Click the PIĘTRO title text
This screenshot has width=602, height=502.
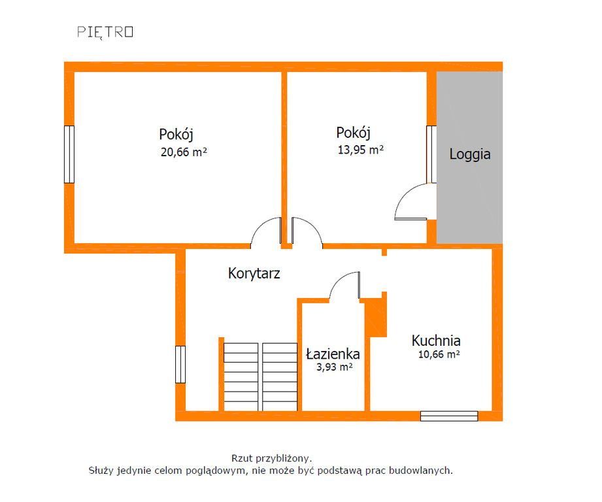click(105, 32)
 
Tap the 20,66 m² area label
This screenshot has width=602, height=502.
click(184, 152)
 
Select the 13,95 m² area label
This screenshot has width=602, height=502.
click(361, 150)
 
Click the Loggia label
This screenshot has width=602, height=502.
click(470, 154)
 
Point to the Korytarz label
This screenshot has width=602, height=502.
click(254, 273)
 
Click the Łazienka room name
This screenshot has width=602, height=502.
click(333, 354)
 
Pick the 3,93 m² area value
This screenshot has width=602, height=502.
click(335, 367)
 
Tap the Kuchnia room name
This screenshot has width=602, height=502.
click(436, 341)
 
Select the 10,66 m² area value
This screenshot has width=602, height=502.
click(439, 354)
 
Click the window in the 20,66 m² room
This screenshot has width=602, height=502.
click(69, 154)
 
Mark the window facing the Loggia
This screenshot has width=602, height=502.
click(431, 154)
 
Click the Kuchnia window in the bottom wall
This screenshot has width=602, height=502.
click(449, 416)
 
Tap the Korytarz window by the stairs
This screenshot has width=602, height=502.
click(180, 365)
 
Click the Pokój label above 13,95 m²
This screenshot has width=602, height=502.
click(353, 133)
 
